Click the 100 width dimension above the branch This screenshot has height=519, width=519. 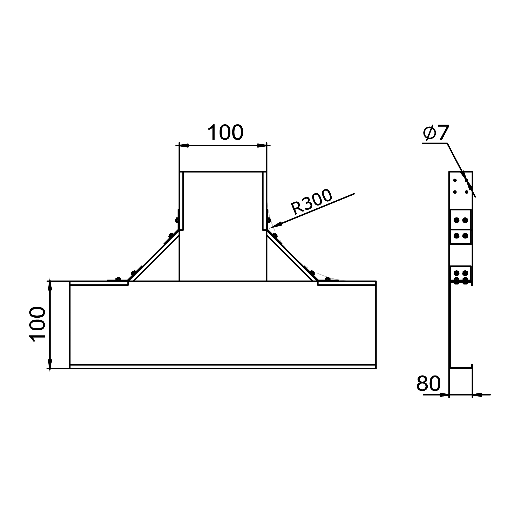pos(226,132)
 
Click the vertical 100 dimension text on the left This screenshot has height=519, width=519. pos(37,324)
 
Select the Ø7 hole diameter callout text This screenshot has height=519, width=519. pos(436,133)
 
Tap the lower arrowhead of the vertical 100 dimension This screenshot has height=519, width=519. pos(50,364)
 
